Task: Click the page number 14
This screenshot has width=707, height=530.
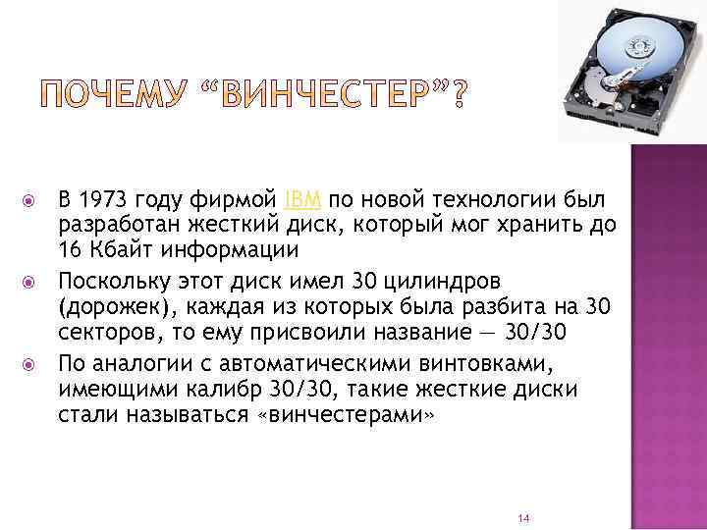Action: tap(522, 516)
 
